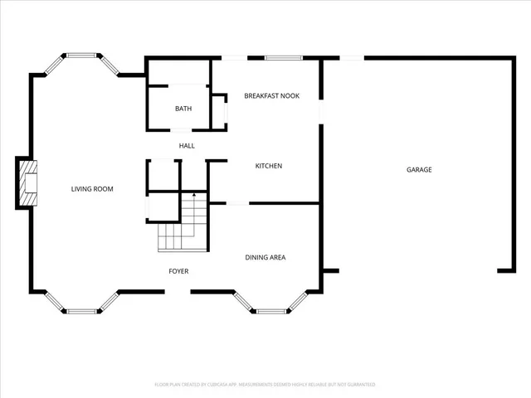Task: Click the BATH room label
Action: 183,109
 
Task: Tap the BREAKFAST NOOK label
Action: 271,96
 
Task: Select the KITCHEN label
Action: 268,166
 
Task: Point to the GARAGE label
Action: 418,170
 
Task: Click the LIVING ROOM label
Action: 91,189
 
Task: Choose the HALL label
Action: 187,146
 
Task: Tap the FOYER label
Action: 178,271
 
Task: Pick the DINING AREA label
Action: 265,258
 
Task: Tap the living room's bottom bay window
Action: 81,311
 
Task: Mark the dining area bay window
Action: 277,311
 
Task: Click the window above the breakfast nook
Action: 283,57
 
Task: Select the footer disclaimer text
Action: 265,385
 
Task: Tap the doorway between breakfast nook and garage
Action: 322,112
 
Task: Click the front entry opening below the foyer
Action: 178,291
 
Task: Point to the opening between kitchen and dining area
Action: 237,203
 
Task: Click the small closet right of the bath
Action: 219,111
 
